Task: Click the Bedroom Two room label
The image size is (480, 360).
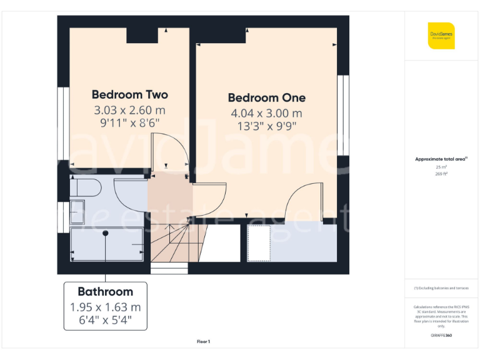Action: (x=129, y=95)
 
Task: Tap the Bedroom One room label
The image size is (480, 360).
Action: (x=266, y=98)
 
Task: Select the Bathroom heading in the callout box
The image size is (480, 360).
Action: (x=105, y=292)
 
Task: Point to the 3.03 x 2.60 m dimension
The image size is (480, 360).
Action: (x=129, y=110)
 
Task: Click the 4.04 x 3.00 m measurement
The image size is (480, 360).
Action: (x=266, y=113)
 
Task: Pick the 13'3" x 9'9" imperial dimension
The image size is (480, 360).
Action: (x=266, y=126)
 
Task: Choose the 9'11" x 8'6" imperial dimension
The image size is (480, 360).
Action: (x=129, y=123)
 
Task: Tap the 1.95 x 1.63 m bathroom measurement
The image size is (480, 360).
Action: (x=105, y=307)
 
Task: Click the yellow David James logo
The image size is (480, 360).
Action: (x=442, y=36)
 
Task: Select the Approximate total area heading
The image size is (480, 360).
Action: (x=441, y=159)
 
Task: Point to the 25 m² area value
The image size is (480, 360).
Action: (x=441, y=167)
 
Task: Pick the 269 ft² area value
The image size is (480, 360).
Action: (x=441, y=174)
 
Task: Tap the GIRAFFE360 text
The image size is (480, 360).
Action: (x=441, y=336)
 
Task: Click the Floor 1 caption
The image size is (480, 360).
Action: (x=203, y=341)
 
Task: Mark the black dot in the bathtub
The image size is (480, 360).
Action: (x=106, y=233)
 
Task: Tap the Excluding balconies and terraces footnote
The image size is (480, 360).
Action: (x=441, y=287)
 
